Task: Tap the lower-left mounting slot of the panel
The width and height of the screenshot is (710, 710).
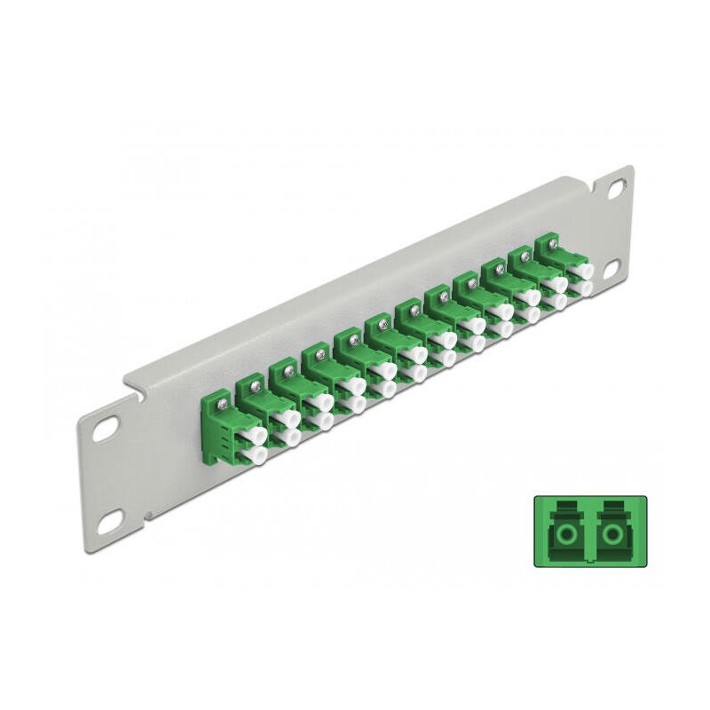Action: click(109, 524)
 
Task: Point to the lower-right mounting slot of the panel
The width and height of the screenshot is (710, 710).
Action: click(613, 267)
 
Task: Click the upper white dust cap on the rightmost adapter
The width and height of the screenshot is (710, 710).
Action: click(582, 267)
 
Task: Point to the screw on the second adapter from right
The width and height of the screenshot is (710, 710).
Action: click(525, 256)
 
